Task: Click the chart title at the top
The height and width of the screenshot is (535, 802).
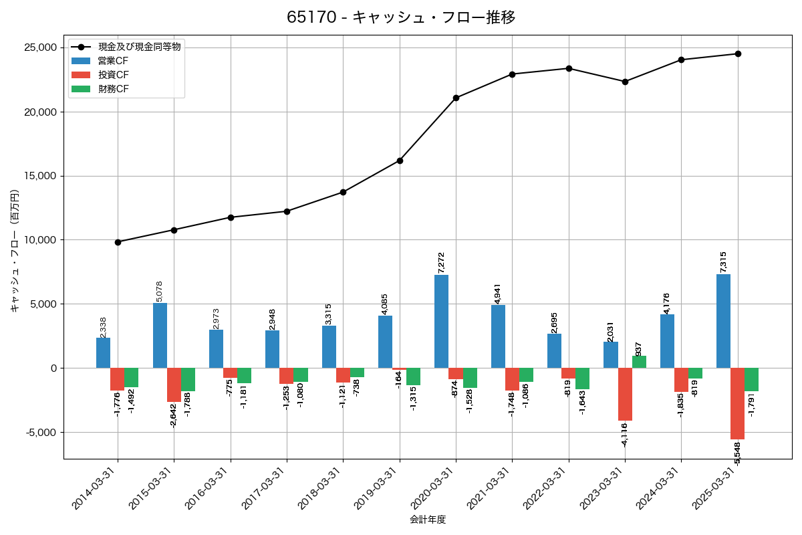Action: [x=401, y=17]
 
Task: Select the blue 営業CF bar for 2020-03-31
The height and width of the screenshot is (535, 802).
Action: [x=441, y=321]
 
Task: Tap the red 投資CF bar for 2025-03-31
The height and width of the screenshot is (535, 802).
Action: [x=737, y=403]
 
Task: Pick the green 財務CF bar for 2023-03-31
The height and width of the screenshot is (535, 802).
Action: [x=639, y=362]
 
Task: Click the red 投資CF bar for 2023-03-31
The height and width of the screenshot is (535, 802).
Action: [x=625, y=394]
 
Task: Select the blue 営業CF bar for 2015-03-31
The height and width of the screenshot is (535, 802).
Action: [x=160, y=335]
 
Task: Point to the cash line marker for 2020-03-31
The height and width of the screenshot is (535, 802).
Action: [x=456, y=98]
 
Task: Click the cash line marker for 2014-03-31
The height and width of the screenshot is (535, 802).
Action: [x=118, y=242]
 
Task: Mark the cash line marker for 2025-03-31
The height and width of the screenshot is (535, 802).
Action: [x=738, y=53]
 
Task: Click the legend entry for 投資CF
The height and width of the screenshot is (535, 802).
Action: [x=114, y=75]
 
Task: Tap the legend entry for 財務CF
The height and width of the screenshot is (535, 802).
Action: [x=114, y=89]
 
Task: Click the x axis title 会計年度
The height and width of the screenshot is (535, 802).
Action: [x=428, y=520]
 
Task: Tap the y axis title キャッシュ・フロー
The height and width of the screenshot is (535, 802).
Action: [x=15, y=251]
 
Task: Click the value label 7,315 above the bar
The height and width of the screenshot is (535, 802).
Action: [x=723, y=261]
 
